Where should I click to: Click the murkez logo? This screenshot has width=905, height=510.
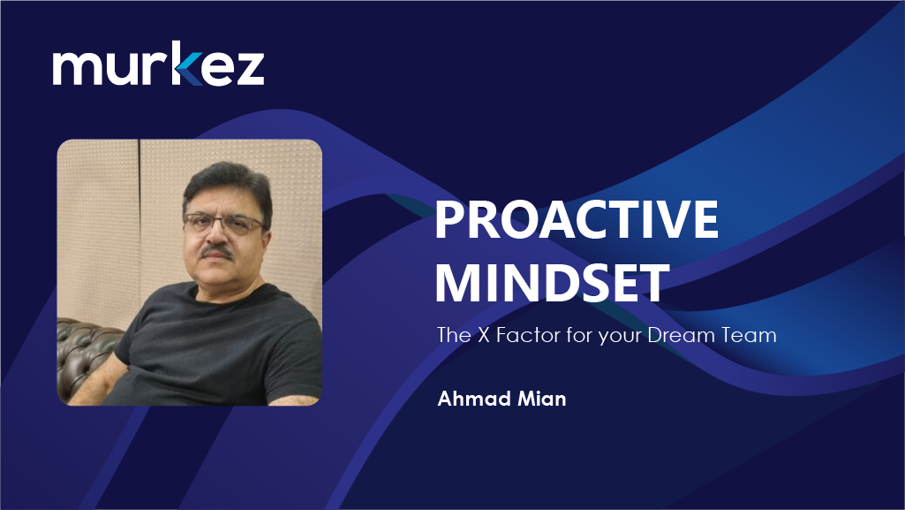tap(158, 64)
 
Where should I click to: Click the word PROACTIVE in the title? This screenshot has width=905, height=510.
tap(576, 219)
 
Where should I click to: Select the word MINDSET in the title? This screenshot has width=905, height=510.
tap(552, 283)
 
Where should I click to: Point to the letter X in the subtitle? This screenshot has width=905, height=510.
tap(483, 335)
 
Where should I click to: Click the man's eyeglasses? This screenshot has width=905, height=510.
tap(224, 224)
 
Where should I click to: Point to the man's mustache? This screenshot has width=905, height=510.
tap(216, 251)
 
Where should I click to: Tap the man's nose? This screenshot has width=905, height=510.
tap(215, 234)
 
